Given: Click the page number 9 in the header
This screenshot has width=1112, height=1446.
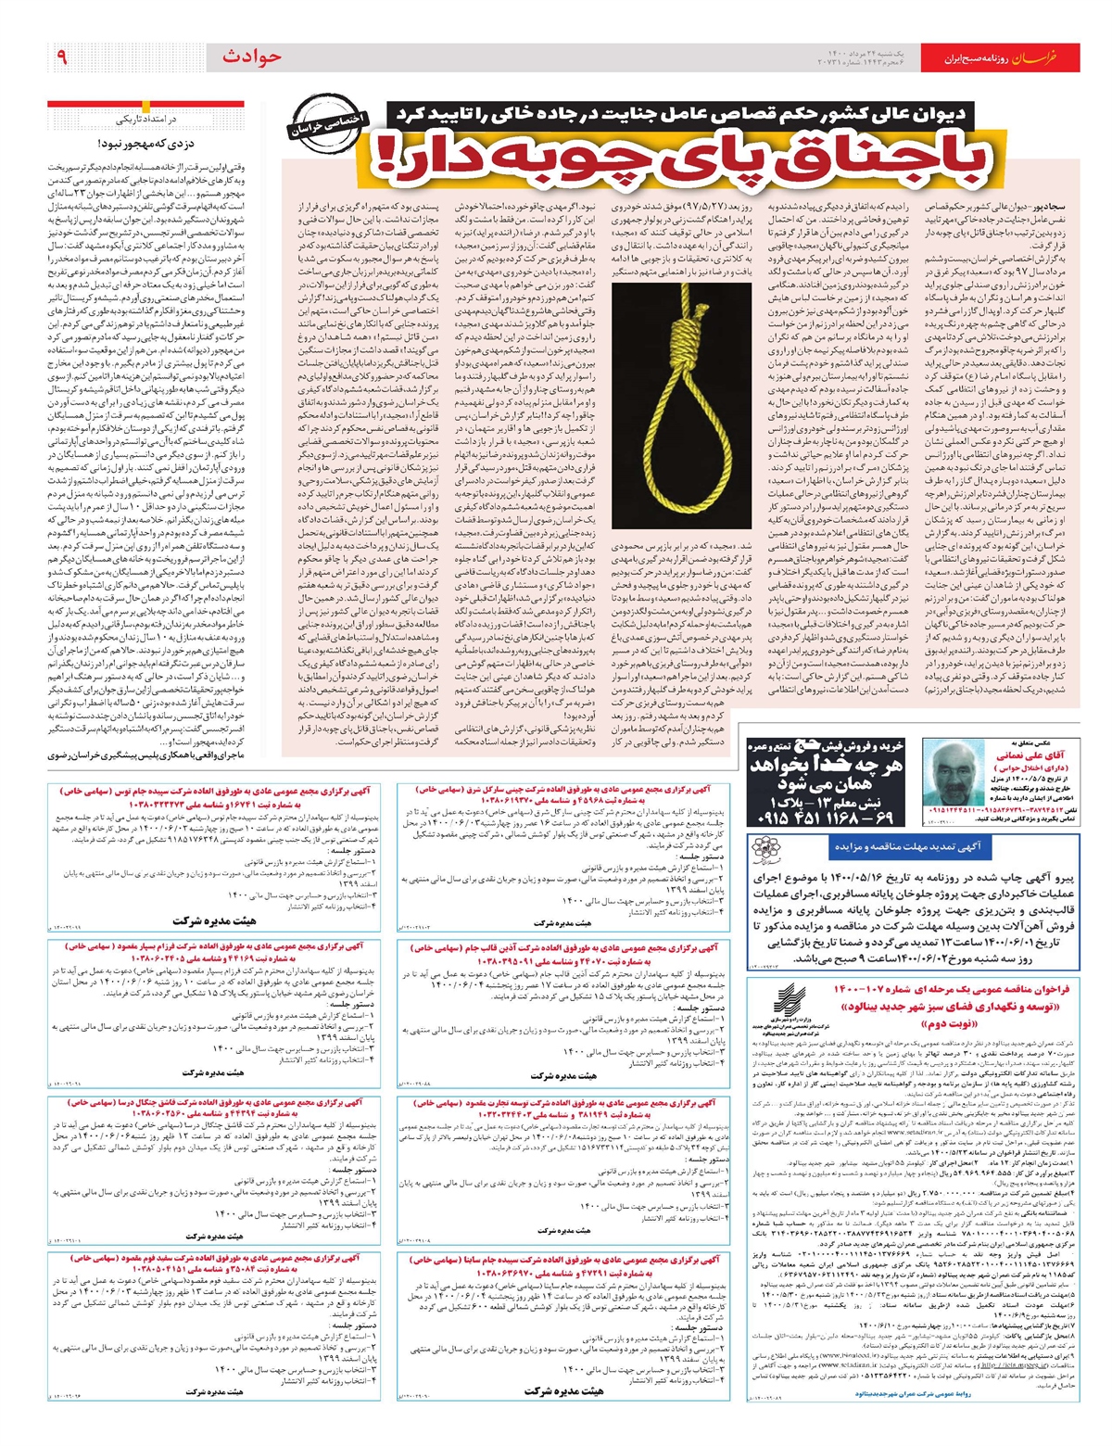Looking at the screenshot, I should (x=63, y=57).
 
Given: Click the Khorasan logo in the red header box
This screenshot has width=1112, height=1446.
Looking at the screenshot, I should (x=1058, y=57).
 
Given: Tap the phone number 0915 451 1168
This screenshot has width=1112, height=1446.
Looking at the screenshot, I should (x=812, y=820).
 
